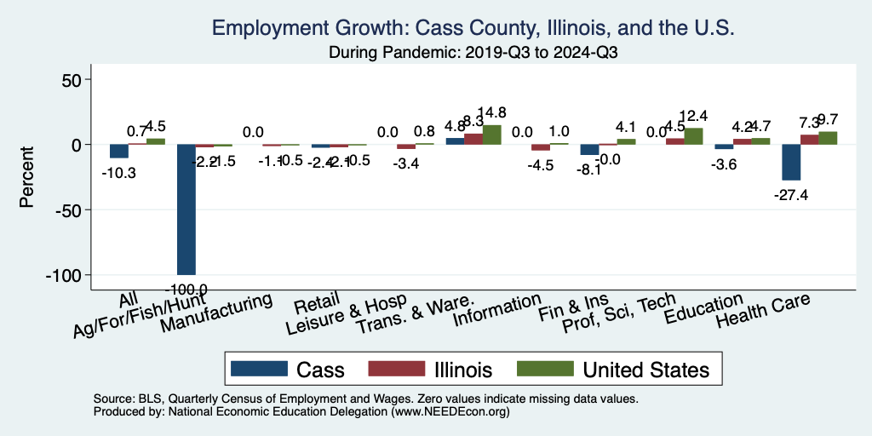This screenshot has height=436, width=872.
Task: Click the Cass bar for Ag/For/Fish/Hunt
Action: tap(186, 209)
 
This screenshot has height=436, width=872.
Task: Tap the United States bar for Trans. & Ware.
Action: tap(492, 135)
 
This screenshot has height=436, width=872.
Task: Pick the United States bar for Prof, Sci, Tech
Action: tap(693, 136)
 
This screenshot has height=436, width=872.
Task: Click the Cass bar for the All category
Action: tap(119, 152)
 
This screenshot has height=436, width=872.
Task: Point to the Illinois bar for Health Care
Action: tap(809, 140)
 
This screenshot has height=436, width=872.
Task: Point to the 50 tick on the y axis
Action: tap(68, 80)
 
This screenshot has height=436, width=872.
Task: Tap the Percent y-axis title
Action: tap(27, 178)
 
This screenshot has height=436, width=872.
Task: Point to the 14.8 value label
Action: tap(492, 112)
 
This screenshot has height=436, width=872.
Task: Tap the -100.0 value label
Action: tap(186, 290)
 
